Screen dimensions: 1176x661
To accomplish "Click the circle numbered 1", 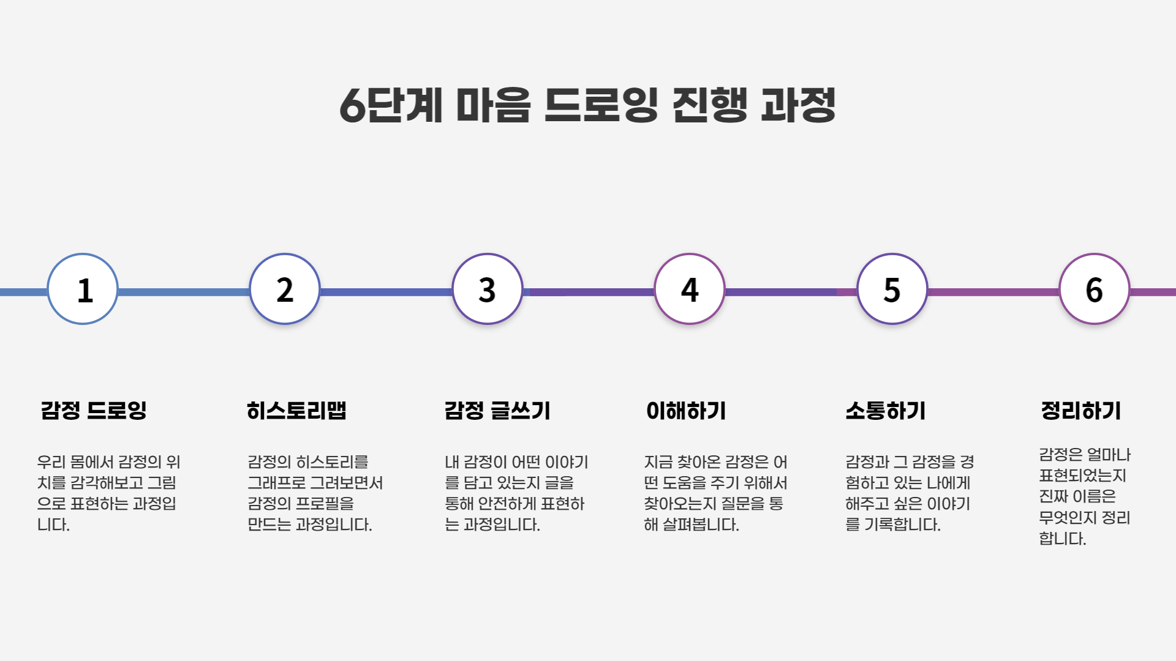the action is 83,289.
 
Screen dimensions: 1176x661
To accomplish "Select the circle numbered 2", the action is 285,289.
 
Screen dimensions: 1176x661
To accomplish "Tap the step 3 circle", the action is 488,289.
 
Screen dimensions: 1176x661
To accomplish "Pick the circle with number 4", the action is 690,289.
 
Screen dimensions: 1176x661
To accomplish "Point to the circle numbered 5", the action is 892,289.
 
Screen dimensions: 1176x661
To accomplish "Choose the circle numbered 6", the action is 1095,289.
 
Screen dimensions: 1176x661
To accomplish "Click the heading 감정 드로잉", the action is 94,410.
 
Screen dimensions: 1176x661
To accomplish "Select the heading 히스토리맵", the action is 296,410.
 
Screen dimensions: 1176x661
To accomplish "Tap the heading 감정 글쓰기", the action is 497,410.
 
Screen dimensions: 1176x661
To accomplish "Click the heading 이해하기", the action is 686,410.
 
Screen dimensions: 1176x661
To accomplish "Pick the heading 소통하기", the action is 886,410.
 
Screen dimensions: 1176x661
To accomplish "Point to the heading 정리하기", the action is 1081,410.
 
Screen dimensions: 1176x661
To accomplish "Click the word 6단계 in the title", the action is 391,105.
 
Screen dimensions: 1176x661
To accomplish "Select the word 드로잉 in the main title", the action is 601,105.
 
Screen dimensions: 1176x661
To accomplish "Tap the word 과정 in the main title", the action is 798,105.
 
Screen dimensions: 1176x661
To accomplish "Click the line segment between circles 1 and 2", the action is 184,292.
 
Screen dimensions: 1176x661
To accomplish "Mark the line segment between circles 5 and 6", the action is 993,292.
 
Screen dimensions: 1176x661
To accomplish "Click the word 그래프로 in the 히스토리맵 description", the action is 276,483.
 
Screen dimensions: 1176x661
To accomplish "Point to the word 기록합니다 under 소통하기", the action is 902,525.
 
